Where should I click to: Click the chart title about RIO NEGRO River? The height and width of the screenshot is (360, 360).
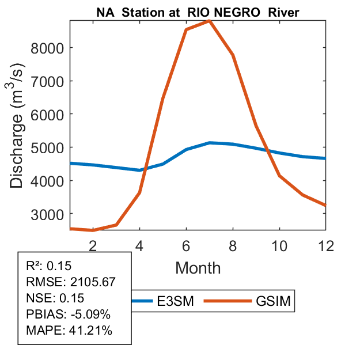[x=198, y=11]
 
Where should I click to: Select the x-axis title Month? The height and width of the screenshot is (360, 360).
[x=198, y=267]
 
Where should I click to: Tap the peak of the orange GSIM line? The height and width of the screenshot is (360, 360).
[x=210, y=20]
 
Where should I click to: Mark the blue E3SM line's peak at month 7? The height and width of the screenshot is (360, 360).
[x=210, y=142]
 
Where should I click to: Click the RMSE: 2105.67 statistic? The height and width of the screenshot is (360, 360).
[x=71, y=282]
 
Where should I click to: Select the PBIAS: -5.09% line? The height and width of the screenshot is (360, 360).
[x=68, y=314]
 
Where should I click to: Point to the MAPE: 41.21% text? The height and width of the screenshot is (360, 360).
[x=69, y=331]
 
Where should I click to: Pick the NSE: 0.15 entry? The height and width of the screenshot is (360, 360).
[x=55, y=298]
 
